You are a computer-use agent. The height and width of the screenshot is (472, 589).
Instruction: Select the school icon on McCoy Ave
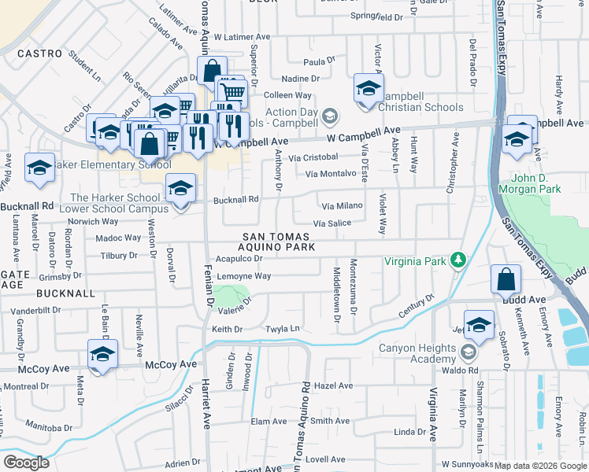[x=102, y=355]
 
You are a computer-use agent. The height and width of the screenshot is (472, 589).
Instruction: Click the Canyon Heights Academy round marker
[x=469, y=351]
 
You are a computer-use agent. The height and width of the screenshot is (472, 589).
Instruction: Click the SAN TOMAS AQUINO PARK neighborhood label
[x=278, y=242]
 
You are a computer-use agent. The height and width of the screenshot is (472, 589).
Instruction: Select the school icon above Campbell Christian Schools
[x=368, y=89]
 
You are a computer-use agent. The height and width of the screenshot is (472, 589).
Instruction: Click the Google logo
[x=26, y=463]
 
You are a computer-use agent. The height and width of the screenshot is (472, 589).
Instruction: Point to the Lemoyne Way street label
[x=244, y=276]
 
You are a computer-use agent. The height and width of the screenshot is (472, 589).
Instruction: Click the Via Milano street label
[x=342, y=205]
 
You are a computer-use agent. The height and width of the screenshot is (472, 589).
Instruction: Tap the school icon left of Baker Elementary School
[x=39, y=168]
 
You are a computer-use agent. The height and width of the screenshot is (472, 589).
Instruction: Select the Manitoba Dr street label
[x=48, y=427]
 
